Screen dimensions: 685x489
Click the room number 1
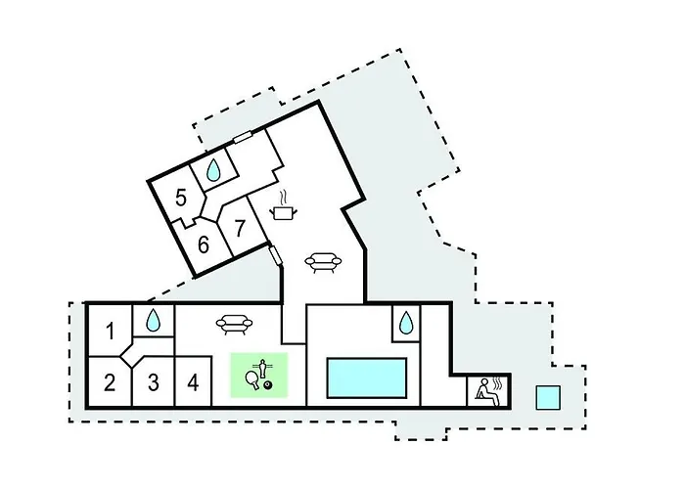click(110, 331)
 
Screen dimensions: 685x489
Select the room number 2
click(110, 382)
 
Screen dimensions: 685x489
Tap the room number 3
click(153, 382)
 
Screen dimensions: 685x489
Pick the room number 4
click(193, 382)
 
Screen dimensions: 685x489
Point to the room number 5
click(181, 198)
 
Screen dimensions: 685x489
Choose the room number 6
click(204, 244)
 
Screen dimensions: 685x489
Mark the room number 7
click(240, 228)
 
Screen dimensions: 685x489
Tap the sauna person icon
click(488, 390)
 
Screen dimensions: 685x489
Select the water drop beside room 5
click(212, 169)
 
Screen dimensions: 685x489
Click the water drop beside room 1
click(153, 320)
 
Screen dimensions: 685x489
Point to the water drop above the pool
click(406, 323)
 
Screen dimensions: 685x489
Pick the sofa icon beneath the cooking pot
click(323, 263)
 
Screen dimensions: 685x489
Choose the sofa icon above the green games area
click(234, 325)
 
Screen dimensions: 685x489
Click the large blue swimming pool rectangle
click(367, 378)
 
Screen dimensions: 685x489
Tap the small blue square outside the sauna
click(548, 397)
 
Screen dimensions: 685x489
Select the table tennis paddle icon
click(252, 379)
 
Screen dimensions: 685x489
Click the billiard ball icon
click(268, 384)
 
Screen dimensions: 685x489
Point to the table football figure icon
click(262, 368)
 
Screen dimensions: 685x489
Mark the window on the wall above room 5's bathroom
click(242, 137)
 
